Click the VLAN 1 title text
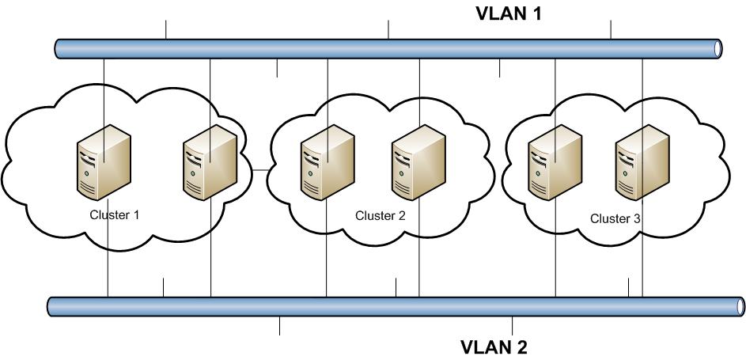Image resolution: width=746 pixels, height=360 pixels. tap(507, 13)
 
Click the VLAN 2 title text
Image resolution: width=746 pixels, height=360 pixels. tap(494, 347)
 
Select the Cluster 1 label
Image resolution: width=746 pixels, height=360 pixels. tap(115, 214)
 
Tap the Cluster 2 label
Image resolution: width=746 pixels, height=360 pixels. tap(380, 215)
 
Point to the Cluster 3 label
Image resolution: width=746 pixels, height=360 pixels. tap(615, 218)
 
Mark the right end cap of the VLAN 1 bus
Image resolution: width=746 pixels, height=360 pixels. tap(717, 47)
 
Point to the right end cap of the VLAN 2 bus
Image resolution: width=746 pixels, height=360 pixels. tap(740, 306)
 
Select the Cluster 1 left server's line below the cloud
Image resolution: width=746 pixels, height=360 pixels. tap(107, 273)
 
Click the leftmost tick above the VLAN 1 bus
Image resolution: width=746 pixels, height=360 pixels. tap(166, 30)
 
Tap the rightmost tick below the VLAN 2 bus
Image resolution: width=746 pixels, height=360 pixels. tap(513, 324)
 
